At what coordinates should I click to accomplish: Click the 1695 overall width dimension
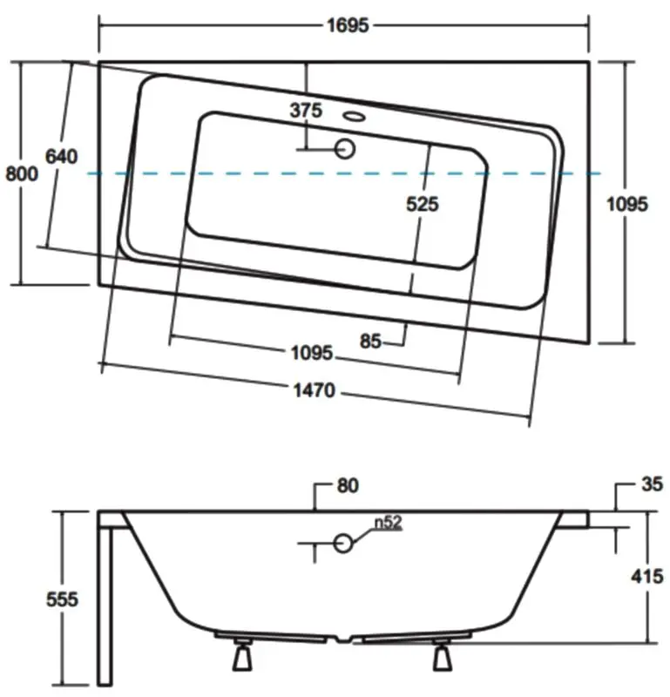coord(348,25)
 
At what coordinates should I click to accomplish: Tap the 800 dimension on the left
coord(21,173)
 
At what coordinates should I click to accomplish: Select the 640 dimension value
coord(61,157)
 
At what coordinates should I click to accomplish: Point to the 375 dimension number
coord(306,110)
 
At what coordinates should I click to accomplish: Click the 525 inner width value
coord(423,204)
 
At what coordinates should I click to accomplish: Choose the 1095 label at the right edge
coord(627,204)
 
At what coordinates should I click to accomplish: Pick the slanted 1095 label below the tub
coord(312,353)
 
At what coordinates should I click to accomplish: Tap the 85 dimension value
coord(370,342)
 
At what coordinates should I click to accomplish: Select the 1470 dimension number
coord(315,390)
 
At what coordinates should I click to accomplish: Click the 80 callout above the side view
coord(348,485)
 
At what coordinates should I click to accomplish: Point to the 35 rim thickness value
coord(653,484)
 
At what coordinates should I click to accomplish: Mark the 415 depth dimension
coord(646,577)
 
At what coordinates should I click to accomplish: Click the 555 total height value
coord(62,599)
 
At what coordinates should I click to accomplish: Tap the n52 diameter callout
coord(388,522)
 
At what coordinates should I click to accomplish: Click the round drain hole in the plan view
coord(344,148)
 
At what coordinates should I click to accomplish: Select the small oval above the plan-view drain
coord(355,117)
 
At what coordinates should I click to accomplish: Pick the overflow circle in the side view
coord(343,543)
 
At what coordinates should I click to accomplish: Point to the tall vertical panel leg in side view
coord(105,606)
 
